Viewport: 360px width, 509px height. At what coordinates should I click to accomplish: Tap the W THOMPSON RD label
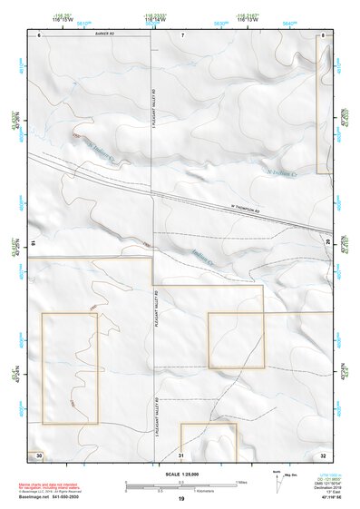click(x=245, y=212)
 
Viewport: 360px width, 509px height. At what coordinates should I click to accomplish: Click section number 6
click(x=40, y=34)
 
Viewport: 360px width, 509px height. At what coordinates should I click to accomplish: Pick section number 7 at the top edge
click(x=182, y=34)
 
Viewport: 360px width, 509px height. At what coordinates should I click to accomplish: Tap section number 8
click(x=324, y=34)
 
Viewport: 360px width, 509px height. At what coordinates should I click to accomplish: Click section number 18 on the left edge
click(x=32, y=242)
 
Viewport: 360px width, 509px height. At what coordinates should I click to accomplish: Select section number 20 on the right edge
click(x=327, y=242)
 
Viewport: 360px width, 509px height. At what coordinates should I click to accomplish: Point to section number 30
click(x=39, y=454)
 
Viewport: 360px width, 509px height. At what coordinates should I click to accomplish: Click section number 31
click(x=182, y=454)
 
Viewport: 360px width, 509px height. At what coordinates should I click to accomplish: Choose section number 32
click(x=323, y=454)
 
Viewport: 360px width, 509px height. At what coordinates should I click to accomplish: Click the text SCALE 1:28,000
click(x=181, y=473)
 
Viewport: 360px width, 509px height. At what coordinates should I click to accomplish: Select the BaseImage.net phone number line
click(x=54, y=499)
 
